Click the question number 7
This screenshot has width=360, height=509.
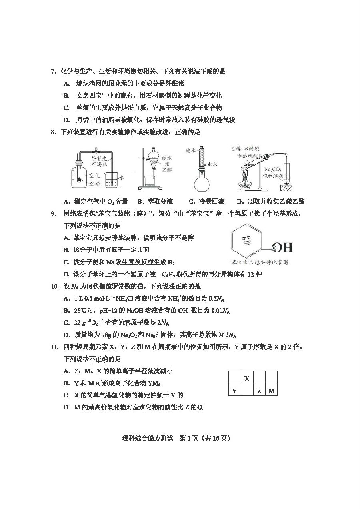[52, 72]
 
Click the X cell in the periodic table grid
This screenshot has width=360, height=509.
[247, 378]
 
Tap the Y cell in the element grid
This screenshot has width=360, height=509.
[234, 391]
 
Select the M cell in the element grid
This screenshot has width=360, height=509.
[272, 391]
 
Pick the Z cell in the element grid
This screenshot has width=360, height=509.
[259, 391]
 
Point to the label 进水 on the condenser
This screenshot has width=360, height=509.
[191, 151]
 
